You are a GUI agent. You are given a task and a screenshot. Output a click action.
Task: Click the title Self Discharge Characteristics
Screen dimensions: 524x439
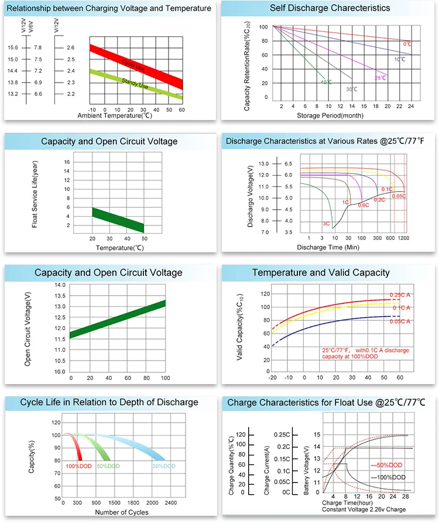pyautogui.click(x=330, y=8)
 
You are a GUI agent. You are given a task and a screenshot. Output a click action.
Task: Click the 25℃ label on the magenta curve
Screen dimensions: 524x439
pyautogui.click(x=380, y=77)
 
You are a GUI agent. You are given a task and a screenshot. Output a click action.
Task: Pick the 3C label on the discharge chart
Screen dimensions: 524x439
pyautogui.click(x=327, y=224)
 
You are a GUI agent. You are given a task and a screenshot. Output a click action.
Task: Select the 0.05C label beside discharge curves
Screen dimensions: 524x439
pyautogui.click(x=400, y=196)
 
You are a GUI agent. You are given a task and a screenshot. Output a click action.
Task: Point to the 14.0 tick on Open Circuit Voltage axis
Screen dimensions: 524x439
pyautogui.click(x=59, y=285)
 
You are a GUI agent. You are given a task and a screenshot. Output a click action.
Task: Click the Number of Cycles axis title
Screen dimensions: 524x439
pyautogui.click(x=121, y=512)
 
